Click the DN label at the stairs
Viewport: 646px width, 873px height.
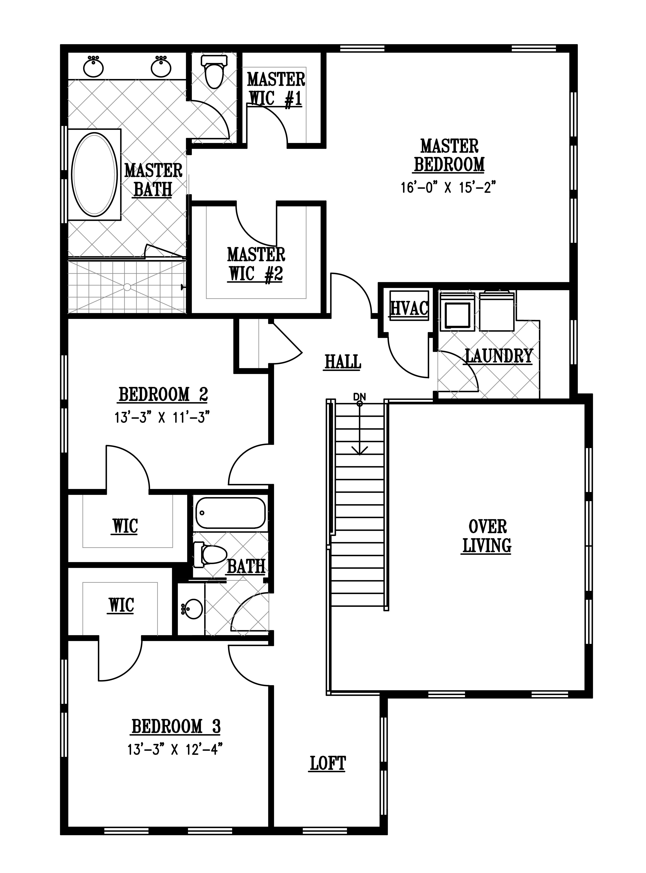click(x=359, y=397)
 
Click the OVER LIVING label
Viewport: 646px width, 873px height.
click(x=487, y=536)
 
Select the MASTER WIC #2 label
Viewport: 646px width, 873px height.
click(x=256, y=264)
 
